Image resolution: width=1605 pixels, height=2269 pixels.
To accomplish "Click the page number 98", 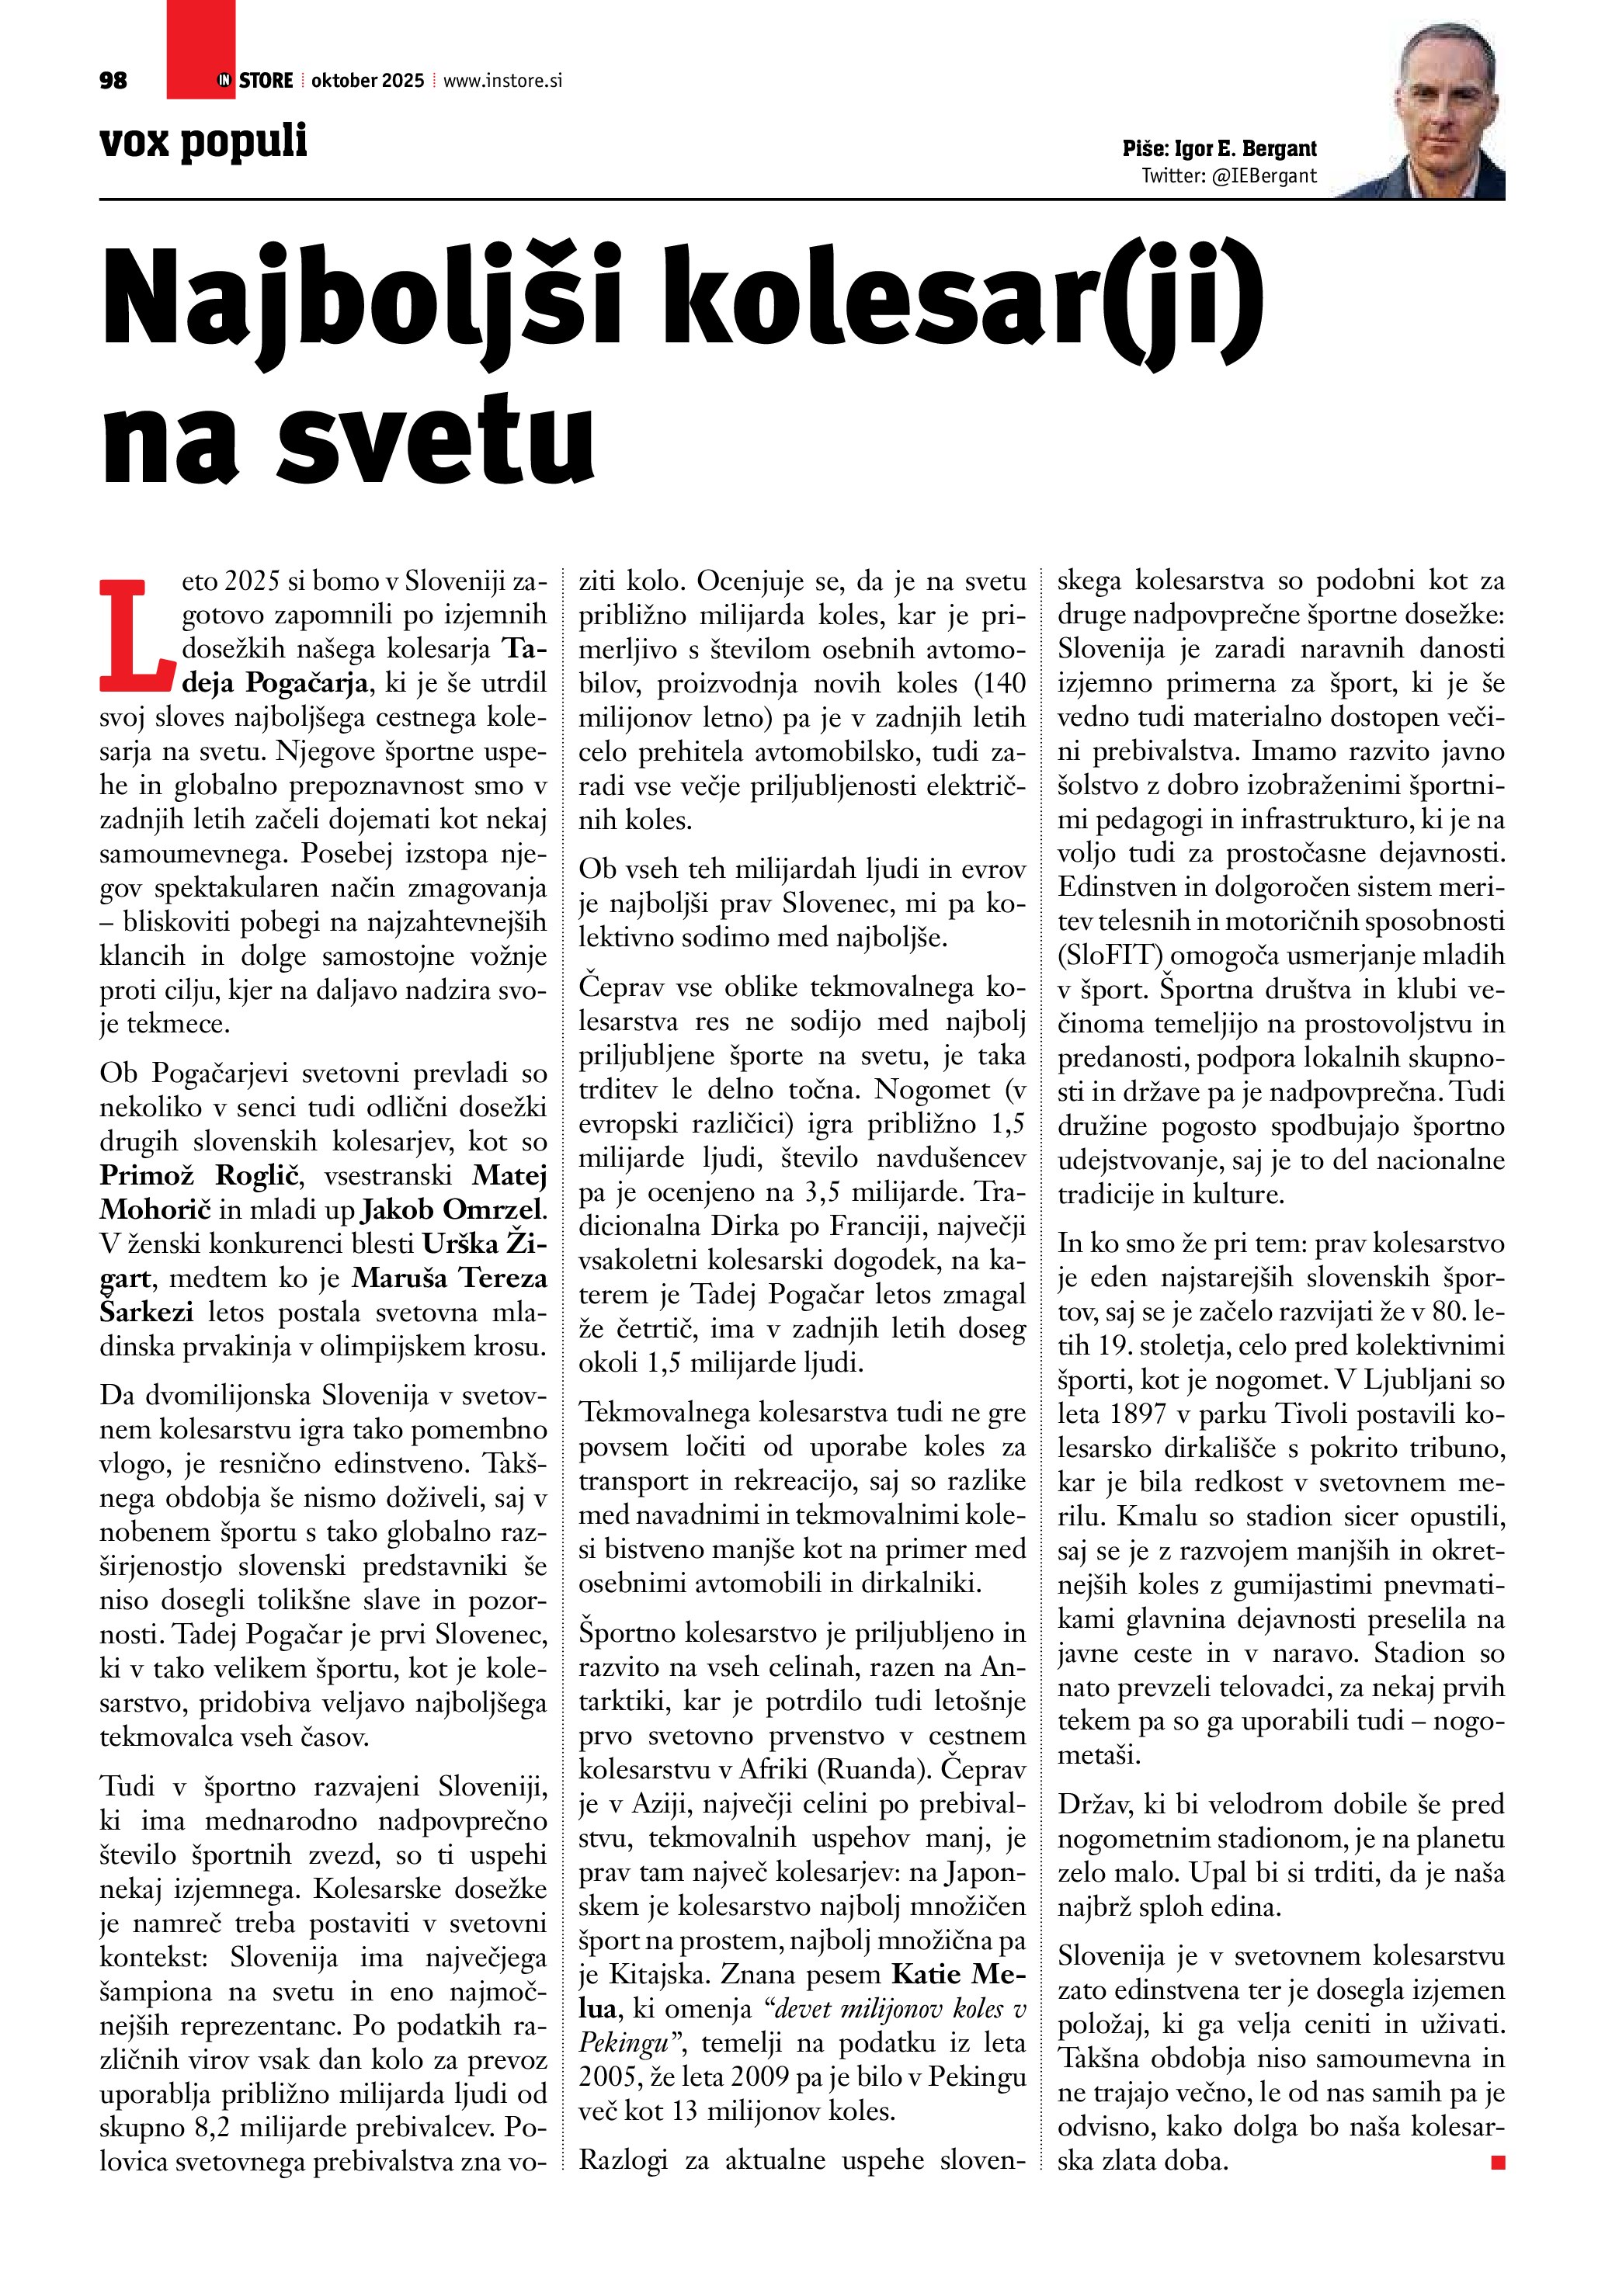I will [x=113, y=81].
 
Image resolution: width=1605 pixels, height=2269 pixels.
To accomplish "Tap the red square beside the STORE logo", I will [x=200, y=50].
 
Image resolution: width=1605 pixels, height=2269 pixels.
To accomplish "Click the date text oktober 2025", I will [x=367, y=81].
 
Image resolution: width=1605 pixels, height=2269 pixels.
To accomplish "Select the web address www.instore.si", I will [x=502, y=81].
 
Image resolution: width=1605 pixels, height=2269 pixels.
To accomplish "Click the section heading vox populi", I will [x=203, y=141].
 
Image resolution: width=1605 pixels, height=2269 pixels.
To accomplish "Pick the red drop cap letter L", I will [x=137, y=637].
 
